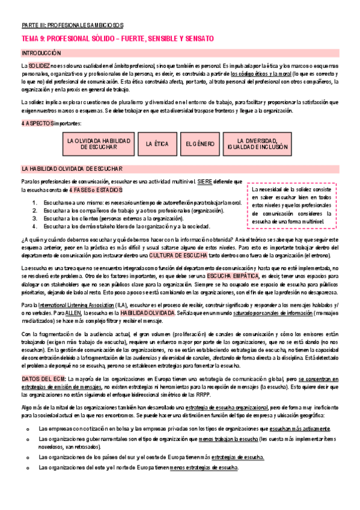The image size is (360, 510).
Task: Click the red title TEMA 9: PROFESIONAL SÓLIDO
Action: coord(117,38)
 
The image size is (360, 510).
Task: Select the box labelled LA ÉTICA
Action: coord(157,144)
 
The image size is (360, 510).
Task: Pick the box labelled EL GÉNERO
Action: coord(200,144)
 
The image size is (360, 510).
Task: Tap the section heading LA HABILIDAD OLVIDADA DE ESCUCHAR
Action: coord(72,169)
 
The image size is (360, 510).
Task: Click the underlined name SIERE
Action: coord(204,181)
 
